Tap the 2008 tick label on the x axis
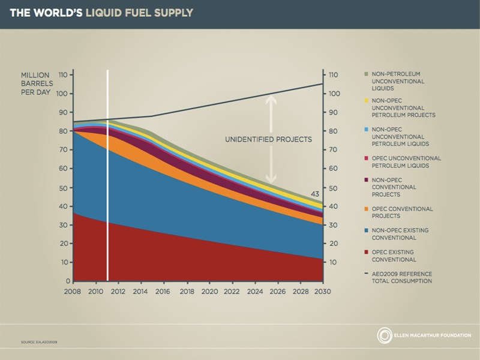point(74,292)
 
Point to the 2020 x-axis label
point(209,292)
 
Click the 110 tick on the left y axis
point(62,75)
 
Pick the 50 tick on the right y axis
point(334,188)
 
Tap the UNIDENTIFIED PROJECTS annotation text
point(268,139)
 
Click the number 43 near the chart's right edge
point(315,194)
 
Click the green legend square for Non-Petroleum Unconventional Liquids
point(365,73)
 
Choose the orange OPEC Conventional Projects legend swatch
point(365,209)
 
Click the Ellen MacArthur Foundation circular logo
point(384,335)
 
